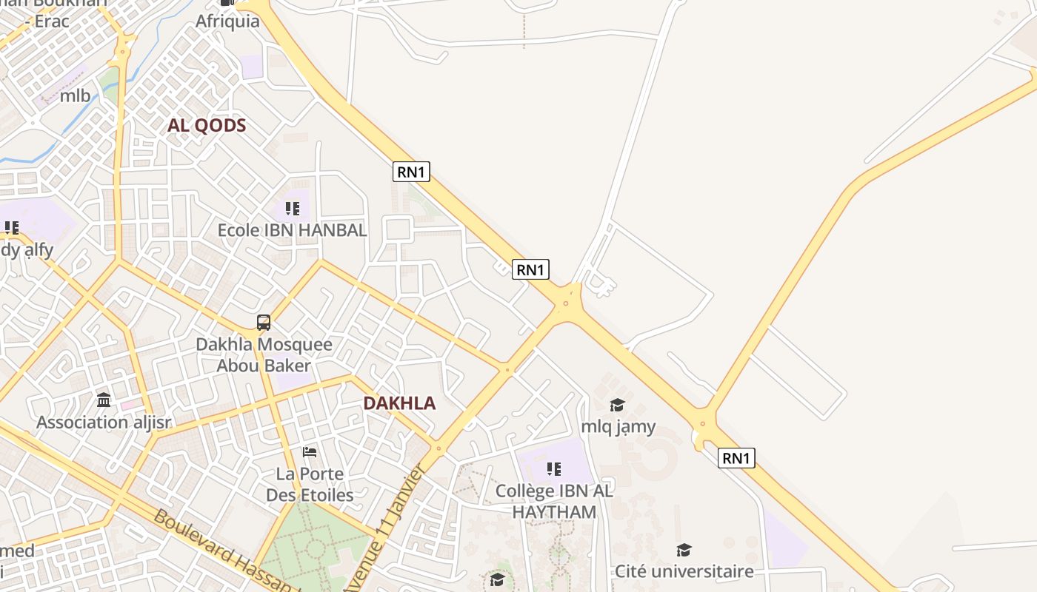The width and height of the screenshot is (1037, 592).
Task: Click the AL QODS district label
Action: coord(206,125)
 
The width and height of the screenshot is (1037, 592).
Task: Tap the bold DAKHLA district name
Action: coord(399,403)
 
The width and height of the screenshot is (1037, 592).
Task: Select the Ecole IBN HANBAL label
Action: coord(292,230)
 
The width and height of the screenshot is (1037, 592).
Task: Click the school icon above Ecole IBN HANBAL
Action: coord(293,209)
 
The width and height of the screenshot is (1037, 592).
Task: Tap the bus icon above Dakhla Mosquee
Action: coord(264,323)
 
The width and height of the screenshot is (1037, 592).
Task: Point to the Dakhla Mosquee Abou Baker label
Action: coord(264,355)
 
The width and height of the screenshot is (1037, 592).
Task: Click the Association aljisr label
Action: coord(104,423)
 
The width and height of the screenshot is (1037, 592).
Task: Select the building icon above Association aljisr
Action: coord(104,400)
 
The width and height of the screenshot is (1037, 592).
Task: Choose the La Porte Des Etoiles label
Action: coord(310,484)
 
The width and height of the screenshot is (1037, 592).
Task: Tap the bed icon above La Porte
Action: coord(310,451)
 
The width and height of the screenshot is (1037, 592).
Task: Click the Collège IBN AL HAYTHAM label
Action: coord(554,501)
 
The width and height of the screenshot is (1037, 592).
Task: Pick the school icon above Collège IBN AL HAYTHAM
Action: coord(553,468)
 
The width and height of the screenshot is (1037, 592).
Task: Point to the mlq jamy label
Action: coord(618,426)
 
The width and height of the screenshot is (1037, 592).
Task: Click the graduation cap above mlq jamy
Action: coord(617,405)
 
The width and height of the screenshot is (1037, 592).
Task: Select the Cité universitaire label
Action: coord(684,571)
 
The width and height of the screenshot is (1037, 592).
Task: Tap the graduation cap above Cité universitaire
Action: coord(684,550)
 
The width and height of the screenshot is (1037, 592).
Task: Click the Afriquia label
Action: coord(227,21)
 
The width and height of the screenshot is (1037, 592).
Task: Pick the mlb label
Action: coord(75,95)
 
